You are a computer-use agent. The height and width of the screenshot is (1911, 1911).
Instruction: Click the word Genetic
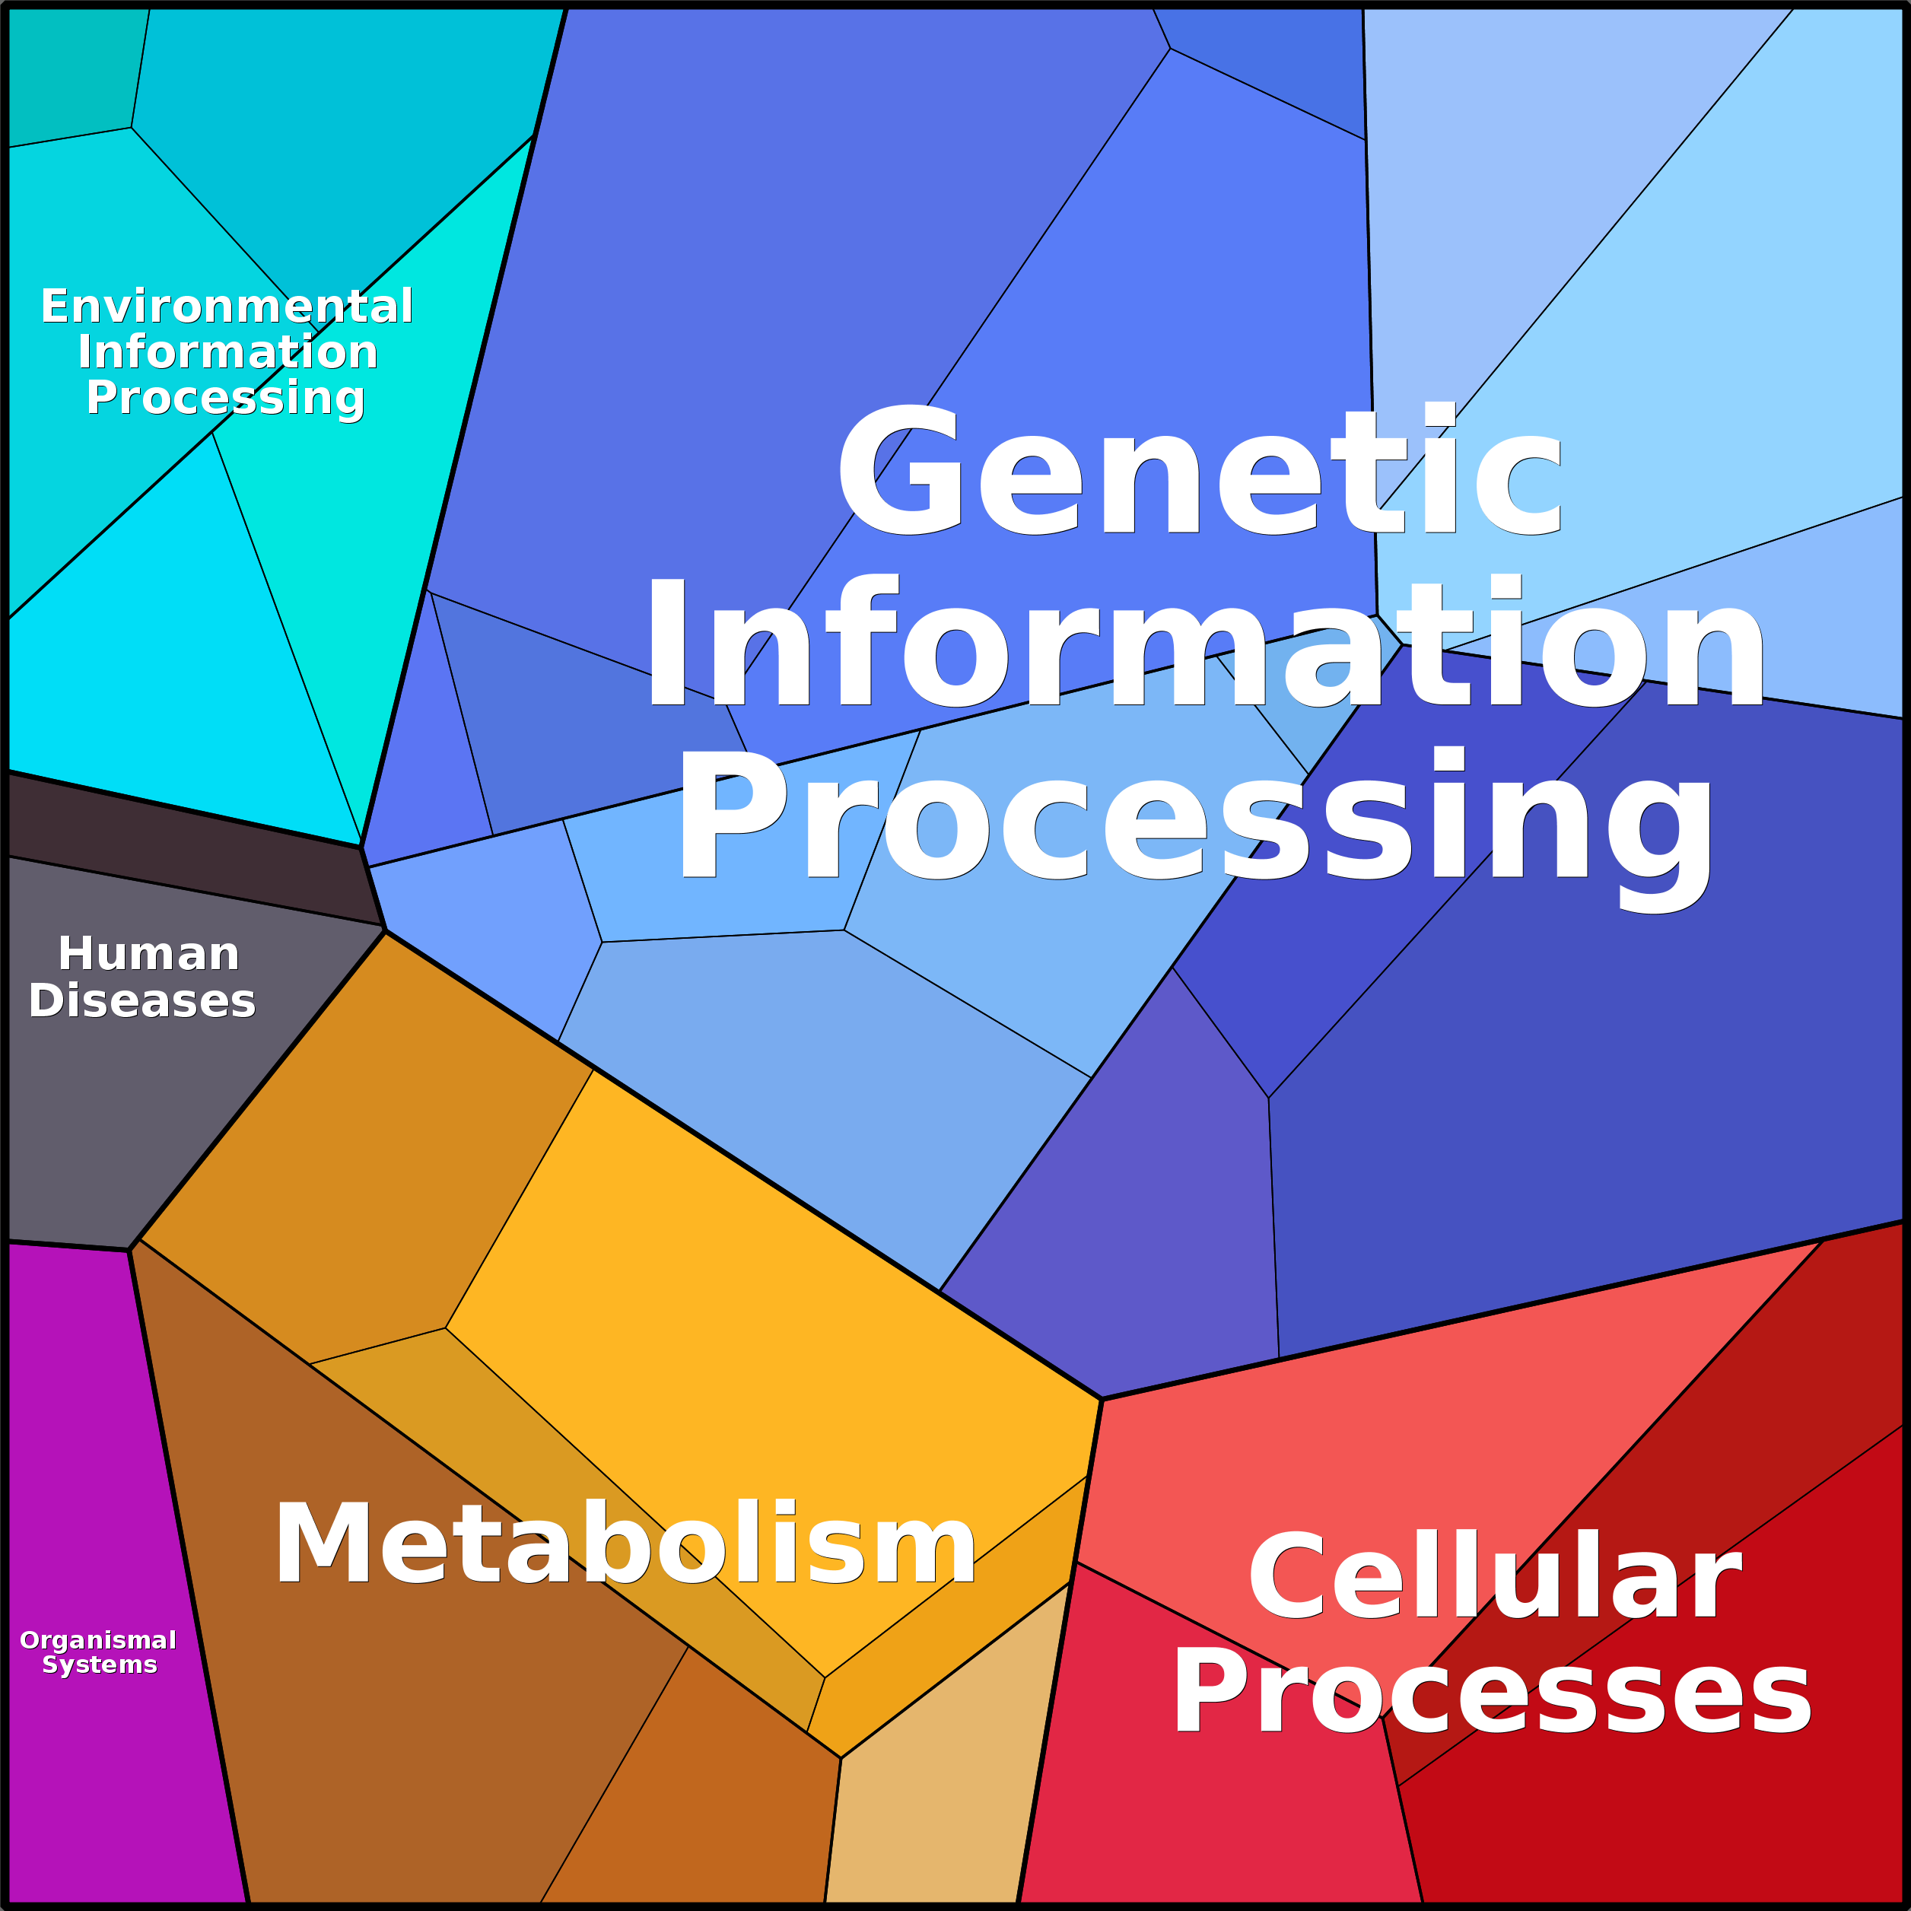tap(1199, 472)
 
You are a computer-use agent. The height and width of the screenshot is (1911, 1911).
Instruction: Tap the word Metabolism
tap(625, 1545)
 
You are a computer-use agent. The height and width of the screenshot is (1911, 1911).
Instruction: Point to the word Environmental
tap(227, 307)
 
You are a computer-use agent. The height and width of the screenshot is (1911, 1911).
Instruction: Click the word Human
tap(148, 955)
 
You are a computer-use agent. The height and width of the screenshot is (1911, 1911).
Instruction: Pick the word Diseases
tap(142, 1001)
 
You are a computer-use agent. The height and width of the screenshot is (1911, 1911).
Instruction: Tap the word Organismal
tap(98, 1640)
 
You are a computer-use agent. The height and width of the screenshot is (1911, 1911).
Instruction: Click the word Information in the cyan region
tap(227, 352)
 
